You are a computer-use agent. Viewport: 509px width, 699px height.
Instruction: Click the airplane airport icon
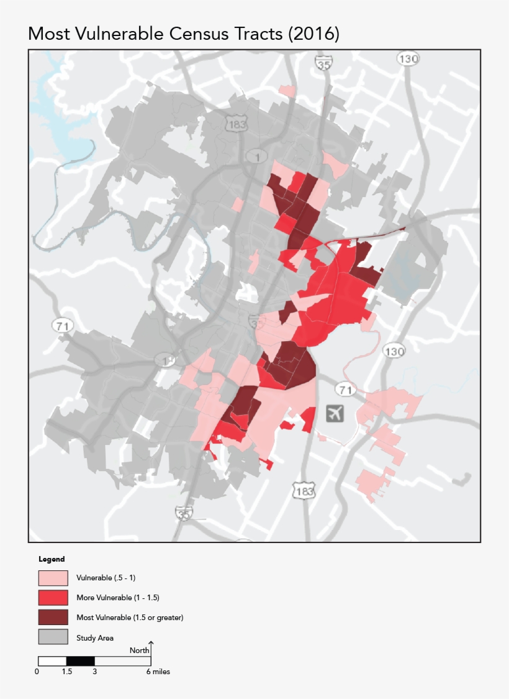[335, 413]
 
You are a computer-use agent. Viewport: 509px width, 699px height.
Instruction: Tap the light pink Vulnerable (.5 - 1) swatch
[53, 578]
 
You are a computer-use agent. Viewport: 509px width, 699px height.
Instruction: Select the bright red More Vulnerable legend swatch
[53, 598]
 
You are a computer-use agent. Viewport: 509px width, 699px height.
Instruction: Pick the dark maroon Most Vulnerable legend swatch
[53, 618]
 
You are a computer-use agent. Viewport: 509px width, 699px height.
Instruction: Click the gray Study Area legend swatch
[53, 637]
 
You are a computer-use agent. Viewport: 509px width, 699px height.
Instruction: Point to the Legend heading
[52, 559]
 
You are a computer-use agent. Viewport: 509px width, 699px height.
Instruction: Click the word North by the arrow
[139, 651]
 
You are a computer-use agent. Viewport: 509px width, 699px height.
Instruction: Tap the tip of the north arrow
[151, 642]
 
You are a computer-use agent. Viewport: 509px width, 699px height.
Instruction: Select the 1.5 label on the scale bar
[66, 672]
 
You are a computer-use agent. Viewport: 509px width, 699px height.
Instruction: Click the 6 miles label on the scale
[158, 672]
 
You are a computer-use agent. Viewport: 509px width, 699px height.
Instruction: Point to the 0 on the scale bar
[38, 672]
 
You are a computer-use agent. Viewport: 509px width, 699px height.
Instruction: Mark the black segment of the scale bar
[80, 660]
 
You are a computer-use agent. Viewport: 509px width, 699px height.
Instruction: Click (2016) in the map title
[313, 34]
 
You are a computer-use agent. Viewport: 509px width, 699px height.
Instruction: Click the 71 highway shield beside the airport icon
[345, 390]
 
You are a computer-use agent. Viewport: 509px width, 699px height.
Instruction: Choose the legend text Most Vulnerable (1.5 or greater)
[130, 618]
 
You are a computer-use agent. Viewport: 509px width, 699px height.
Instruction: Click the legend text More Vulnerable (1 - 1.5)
[118, 598]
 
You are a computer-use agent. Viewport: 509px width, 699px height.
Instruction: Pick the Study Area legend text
[95, 637]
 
